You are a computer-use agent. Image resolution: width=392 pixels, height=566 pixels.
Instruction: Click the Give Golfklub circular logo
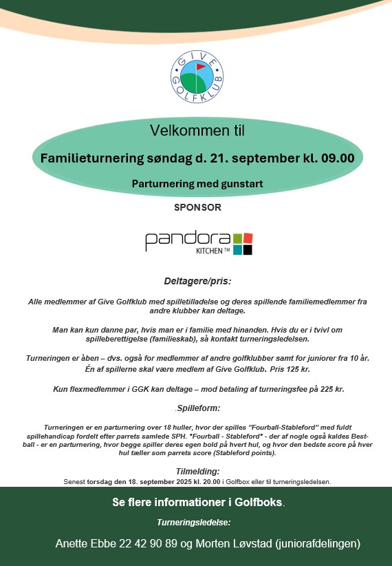coord(197,75)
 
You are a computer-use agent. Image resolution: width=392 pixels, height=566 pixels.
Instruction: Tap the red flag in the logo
coord(201,67)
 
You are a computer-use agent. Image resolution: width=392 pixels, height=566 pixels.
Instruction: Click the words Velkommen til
coord(197,130)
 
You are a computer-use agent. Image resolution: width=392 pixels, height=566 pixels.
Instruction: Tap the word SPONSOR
coord(197,206)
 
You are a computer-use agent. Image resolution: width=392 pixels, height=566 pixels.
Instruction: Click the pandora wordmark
coord(187,240)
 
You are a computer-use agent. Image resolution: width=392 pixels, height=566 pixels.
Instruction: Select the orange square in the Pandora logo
coord(248,238)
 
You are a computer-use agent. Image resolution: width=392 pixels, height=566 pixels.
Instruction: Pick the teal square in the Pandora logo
coord(237,250)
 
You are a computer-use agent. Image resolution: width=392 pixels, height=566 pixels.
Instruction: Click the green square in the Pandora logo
coord(237,238)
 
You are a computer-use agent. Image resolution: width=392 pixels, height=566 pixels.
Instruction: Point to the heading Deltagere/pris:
coord(197,281)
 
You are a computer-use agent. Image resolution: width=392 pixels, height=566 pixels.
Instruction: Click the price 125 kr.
coord(291,370)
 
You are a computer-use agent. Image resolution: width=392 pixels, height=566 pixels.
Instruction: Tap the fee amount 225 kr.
coord(329,389)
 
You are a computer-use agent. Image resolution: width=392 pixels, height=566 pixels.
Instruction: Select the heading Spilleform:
coord(197,408)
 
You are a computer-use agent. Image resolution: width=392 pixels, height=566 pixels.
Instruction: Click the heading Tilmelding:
coord(197,472)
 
